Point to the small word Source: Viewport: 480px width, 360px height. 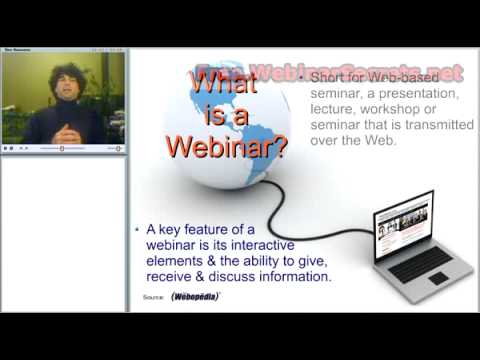tap(154, 297)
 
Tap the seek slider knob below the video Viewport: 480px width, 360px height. tap(63, 148)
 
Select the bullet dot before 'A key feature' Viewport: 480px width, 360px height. tap(138, 230)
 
